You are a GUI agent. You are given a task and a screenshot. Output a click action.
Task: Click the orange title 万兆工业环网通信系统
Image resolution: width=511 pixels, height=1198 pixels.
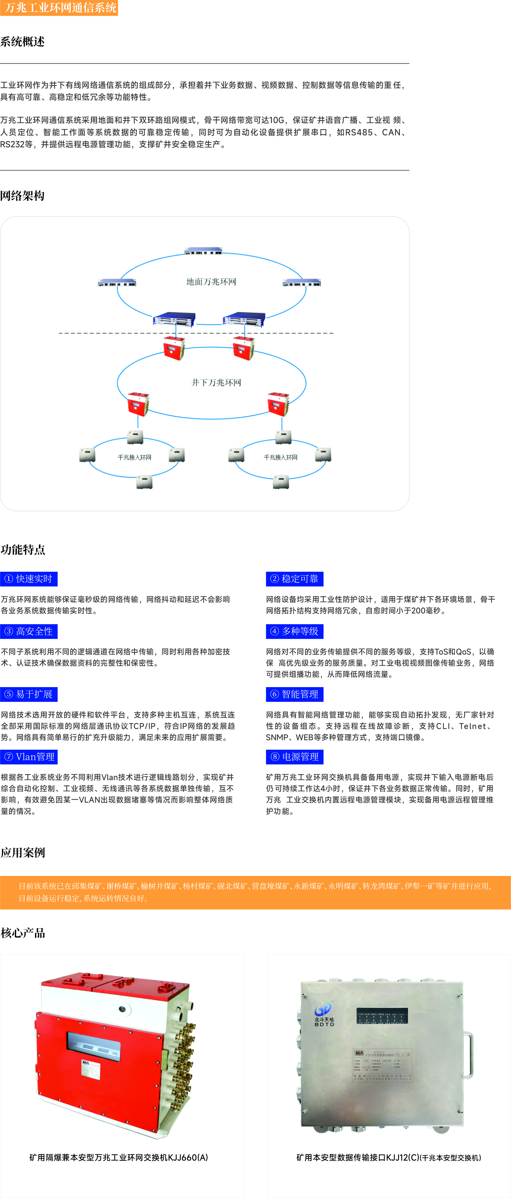(59, 8)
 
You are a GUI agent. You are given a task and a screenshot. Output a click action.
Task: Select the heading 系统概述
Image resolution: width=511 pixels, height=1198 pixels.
(22, 42)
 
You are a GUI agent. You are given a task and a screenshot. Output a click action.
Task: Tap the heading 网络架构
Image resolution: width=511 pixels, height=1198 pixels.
(22, 196)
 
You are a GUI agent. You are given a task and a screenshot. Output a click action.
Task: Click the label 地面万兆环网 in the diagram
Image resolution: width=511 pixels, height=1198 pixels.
(211, 282)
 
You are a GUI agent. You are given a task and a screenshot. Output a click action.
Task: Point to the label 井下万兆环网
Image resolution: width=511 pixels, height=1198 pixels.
(216, 382)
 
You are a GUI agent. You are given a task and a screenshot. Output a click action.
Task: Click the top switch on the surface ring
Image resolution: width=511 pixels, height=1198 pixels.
(203, 251)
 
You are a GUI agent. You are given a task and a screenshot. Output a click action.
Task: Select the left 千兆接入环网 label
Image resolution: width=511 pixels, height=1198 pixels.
(134, 458)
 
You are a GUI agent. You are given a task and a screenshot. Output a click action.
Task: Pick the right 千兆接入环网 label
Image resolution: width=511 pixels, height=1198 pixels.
(281, 458)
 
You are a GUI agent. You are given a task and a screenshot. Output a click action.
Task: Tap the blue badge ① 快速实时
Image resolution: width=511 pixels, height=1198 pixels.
(29, 579)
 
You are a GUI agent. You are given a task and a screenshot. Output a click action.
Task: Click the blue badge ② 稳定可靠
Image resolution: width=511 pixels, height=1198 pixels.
(295, 579)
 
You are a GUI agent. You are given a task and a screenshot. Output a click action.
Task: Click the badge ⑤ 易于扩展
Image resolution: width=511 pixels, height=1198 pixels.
(29, 694)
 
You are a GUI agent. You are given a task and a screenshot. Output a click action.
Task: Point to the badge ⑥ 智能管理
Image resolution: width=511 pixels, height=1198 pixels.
(295, 694)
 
